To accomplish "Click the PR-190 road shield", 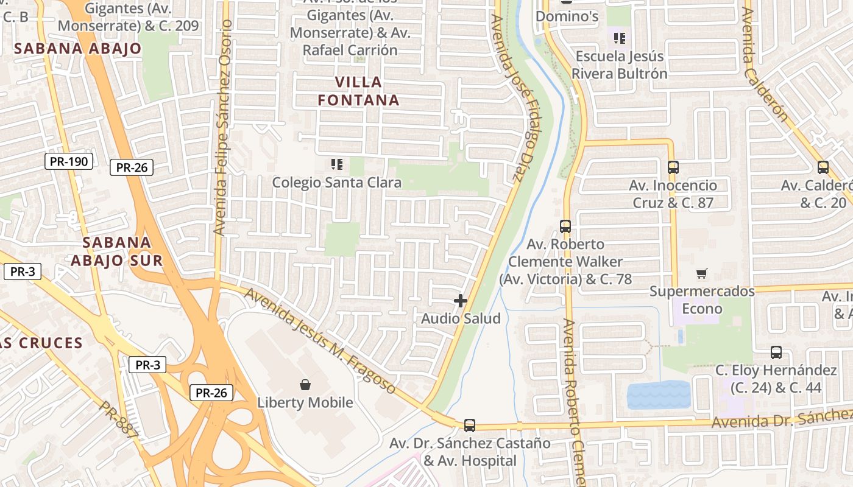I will [69, 161].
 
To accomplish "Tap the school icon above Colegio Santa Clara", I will [336, 164].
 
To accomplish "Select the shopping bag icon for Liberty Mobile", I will [305, 385].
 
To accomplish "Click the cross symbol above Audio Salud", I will [461, 301].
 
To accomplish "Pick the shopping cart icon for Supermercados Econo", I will [702, 274].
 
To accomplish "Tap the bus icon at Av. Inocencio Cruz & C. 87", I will [673, 167].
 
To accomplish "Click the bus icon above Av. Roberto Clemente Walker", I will [565, 226].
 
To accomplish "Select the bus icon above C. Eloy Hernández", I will [776, 352].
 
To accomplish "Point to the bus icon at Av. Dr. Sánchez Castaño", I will [470, 425].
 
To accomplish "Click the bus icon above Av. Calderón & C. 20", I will [823, 167].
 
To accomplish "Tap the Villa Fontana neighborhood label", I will [359, 91].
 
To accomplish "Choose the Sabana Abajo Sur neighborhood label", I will [116, 251].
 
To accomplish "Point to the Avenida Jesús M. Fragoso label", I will [320, 340].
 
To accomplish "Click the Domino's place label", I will [567, 16].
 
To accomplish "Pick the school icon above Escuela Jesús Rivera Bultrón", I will [620, 39].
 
